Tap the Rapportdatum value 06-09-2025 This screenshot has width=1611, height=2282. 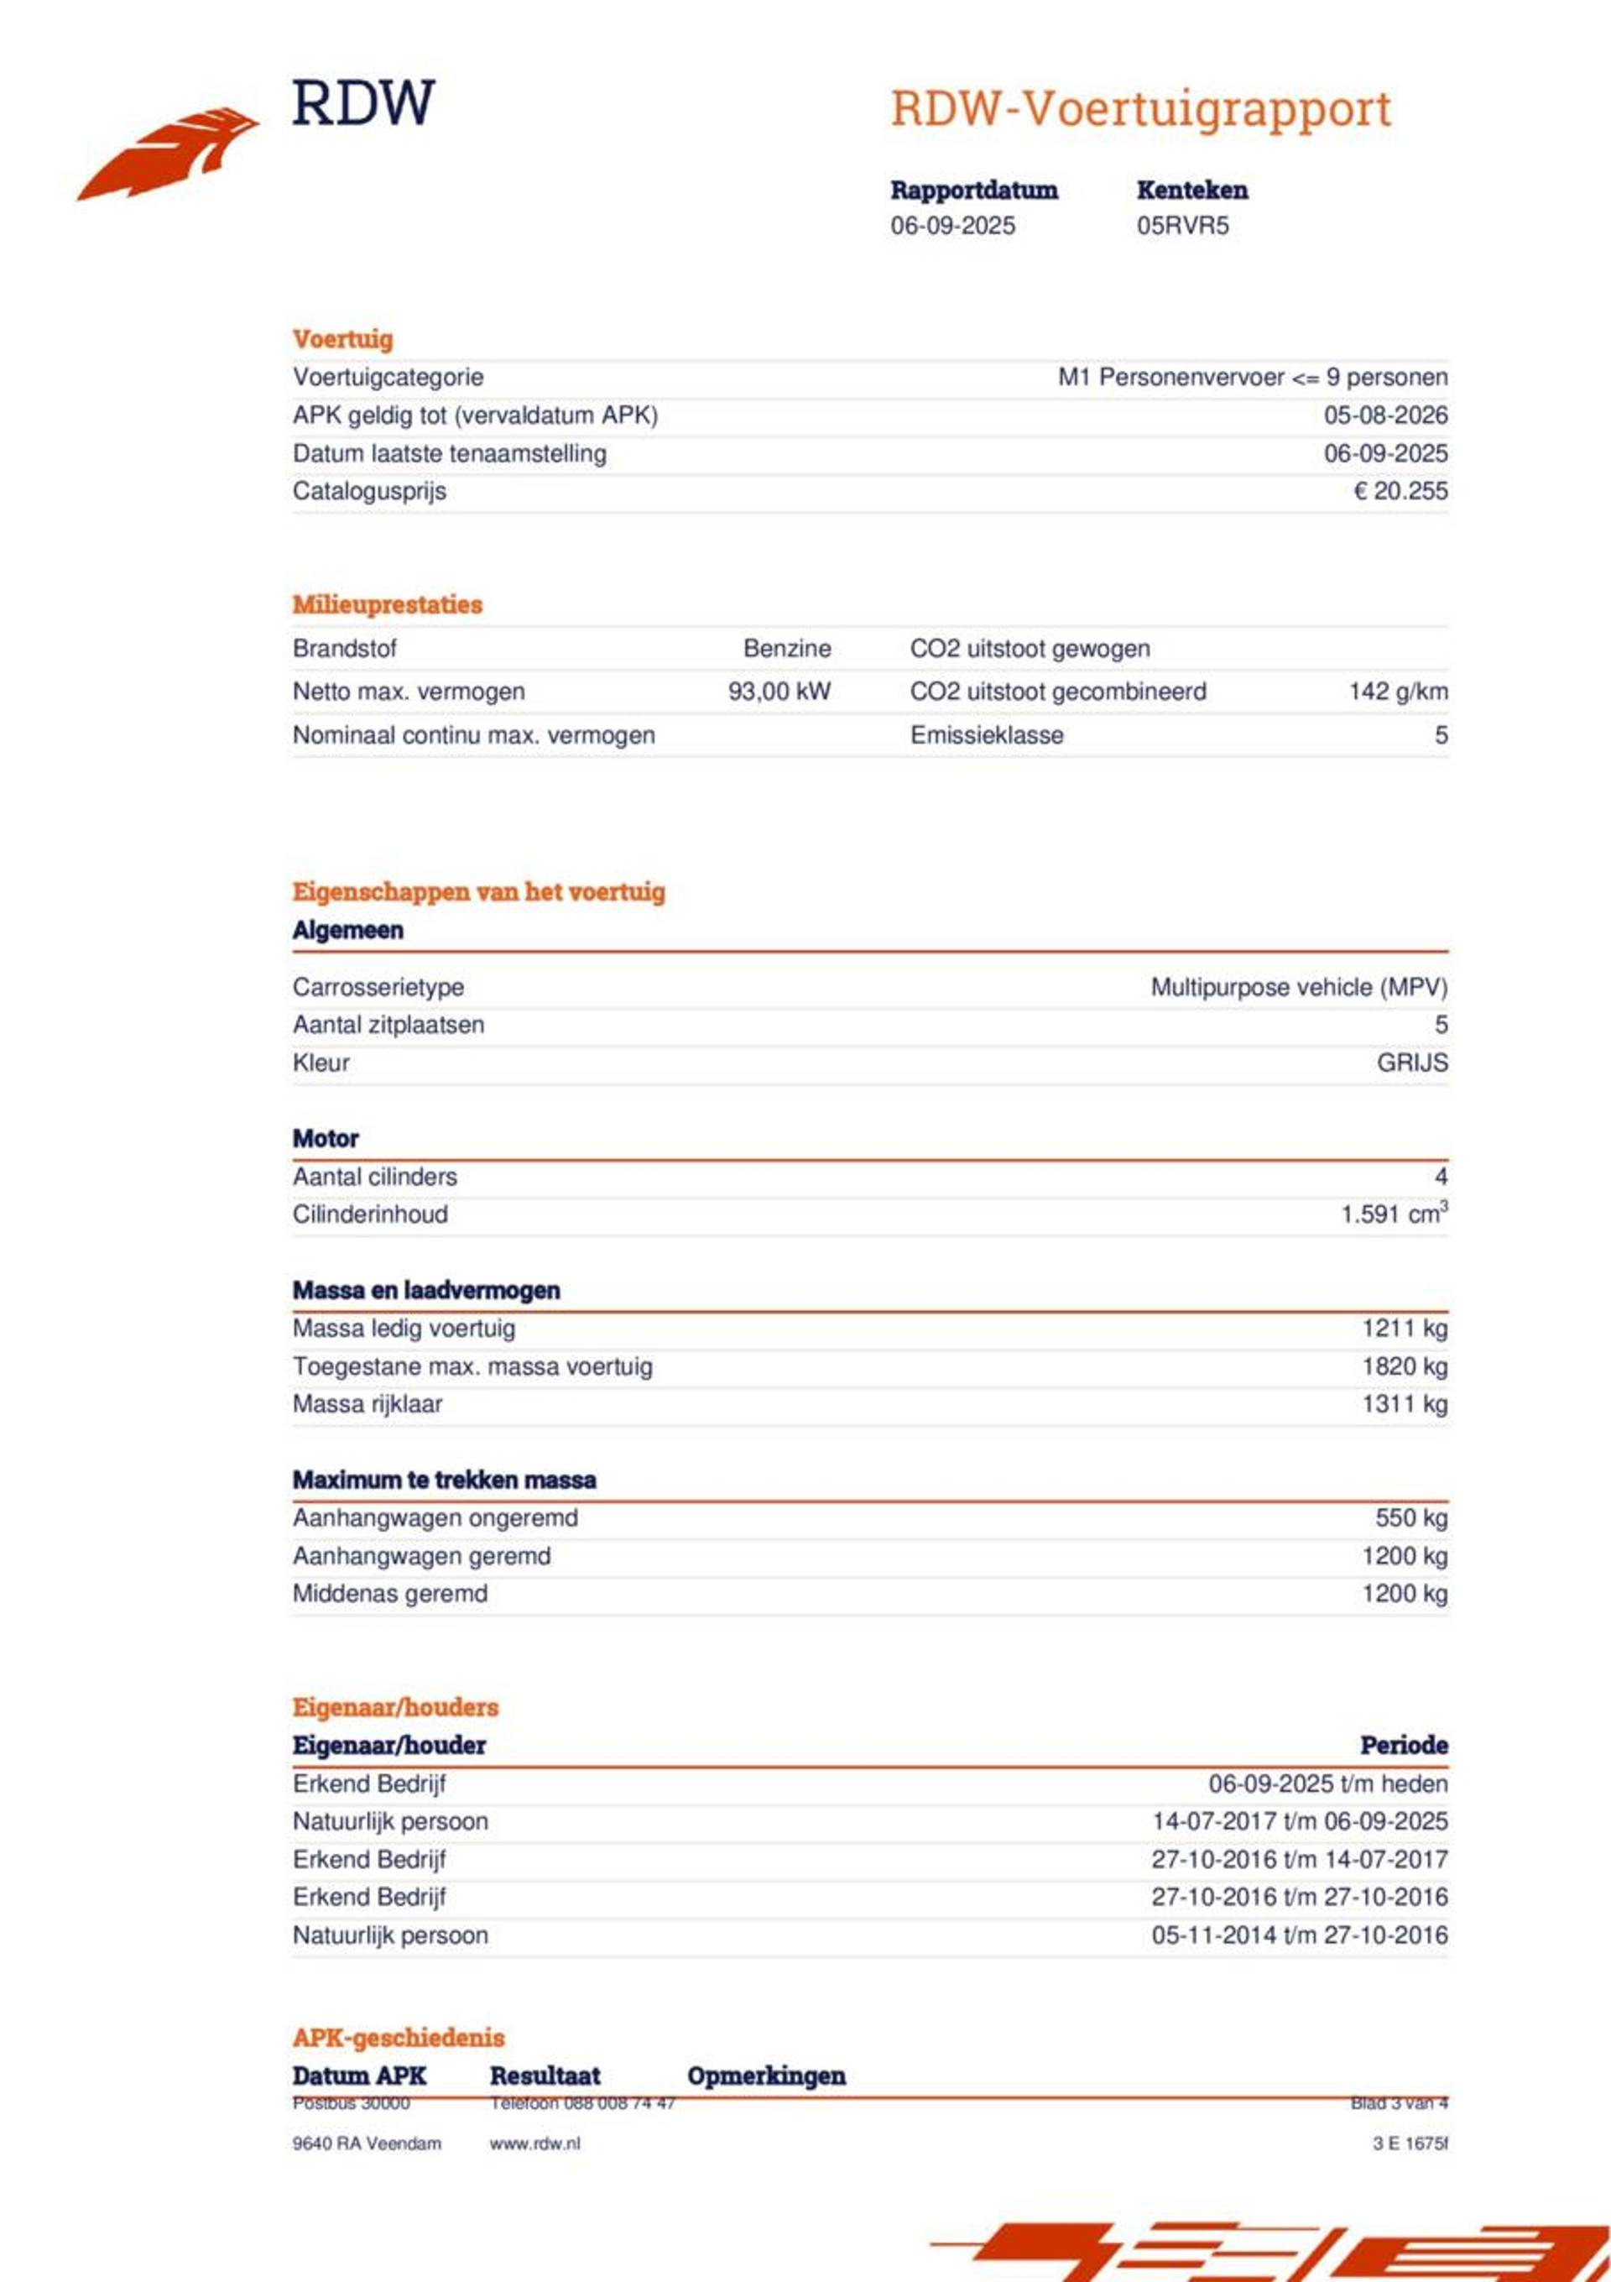tap(952, 226)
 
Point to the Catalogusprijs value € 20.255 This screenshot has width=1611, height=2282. tap(1400, 491)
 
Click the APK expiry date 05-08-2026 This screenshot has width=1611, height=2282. tap(1384, 415)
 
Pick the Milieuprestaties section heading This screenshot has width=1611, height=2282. tap(387, 604)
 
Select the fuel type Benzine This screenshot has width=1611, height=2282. tap(786, 649)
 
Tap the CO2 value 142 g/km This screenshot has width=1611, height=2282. tap(1396, 692)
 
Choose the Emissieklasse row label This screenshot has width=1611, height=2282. tap(986, 735)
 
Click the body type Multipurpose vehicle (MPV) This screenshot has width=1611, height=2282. tap(1298, 987)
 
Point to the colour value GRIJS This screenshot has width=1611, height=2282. tap(1411, 1063)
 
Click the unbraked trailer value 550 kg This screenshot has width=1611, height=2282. tap(1410, 1517)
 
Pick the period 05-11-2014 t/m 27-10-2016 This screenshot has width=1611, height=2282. tap(1299, 1935)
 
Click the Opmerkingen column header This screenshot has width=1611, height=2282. tap(765, 2076)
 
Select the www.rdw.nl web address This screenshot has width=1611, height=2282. tap(534, 2144)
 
